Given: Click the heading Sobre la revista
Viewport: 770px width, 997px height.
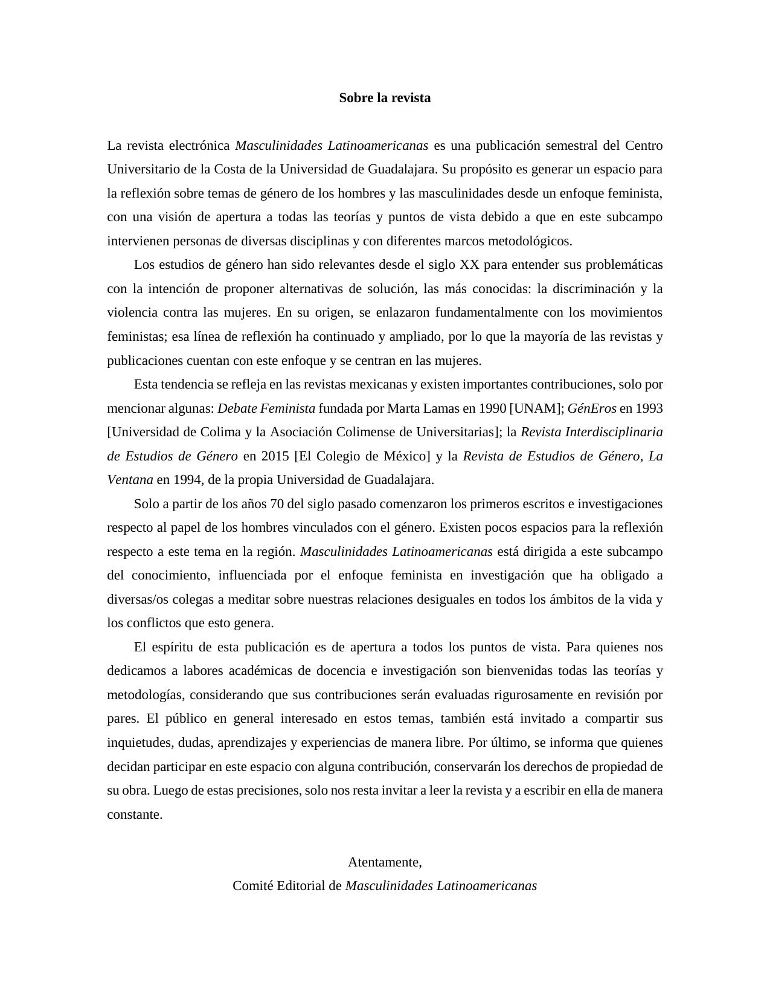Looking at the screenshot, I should click(x=385, y=98).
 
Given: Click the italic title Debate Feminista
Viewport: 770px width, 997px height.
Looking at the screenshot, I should click(x=266, y=408).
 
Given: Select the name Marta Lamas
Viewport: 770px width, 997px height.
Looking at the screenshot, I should click(x=423, y=408).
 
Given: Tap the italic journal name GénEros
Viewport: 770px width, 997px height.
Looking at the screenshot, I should click(x=592, y=408).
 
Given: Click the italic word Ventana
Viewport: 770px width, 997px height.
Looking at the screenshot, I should click(x=130, y=480).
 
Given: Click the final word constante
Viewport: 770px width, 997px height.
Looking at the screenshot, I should click(x=135, y=815).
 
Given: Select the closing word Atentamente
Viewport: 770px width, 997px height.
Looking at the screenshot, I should click(x=385, y=862).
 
